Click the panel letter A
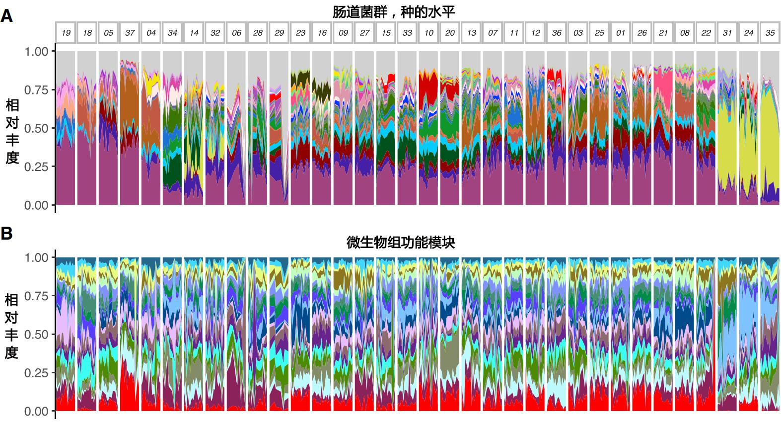click(7, 16)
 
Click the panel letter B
click(7, 233)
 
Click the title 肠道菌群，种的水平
click(393, 12)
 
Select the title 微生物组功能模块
click(400, 243)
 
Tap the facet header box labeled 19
click(66, 33)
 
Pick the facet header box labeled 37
click(130, 33)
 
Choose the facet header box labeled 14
click(194, 33)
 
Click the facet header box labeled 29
click(279, 33)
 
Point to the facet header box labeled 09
click(343, 33)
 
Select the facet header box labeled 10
click(428, 33)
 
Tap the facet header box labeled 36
click(557, 33)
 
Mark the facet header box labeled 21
click(663, 33)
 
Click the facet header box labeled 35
click(770, 33)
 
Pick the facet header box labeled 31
click(727, 33)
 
